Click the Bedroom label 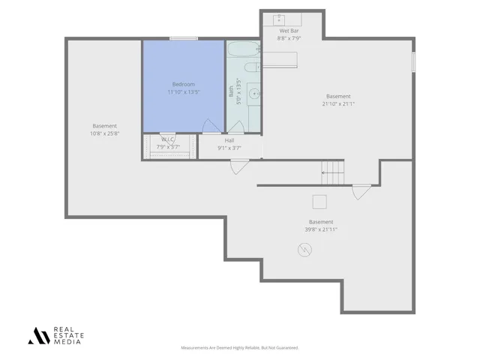[x=183, y=84]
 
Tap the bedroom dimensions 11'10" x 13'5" [x=183, y=91]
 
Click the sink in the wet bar [x=279, y=17]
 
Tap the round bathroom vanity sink [x=253, y=94]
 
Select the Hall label [x=229, y=140]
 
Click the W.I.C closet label [x=167, y=139]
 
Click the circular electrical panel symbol [x=304, y=251]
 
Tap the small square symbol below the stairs [x=319, y=200]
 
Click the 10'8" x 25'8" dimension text [x=104, y=133]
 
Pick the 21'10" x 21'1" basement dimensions [x=338, y=103]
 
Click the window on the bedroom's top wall [x=183, y=39]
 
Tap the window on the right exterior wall [x=412, y=62]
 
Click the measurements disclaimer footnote [x=240, y=347]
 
